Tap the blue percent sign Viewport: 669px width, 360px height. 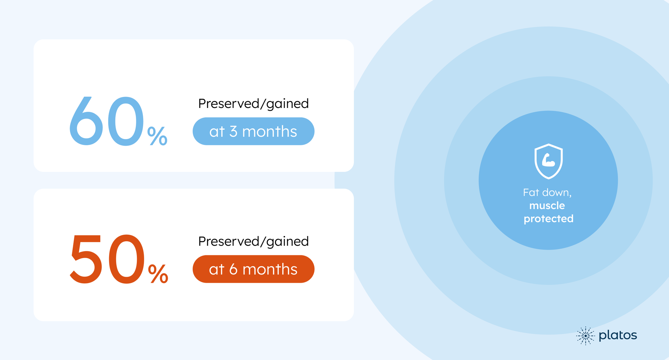157,136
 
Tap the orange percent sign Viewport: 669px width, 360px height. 158,274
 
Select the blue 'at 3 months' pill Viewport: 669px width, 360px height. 254,131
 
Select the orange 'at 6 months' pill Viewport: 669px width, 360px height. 254,269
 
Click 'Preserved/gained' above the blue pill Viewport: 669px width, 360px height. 254,104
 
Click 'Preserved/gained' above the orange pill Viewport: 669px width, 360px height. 254,241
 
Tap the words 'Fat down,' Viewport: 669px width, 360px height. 547,193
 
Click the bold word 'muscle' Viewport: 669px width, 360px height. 547,206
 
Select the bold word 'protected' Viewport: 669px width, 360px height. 549,219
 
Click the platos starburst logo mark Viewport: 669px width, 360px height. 585,336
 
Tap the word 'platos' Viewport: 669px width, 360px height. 618,335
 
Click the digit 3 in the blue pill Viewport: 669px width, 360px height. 233,132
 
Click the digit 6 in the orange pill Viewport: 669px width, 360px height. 233,269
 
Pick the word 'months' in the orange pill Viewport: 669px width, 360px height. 270,269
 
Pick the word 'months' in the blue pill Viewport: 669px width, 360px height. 270,132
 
